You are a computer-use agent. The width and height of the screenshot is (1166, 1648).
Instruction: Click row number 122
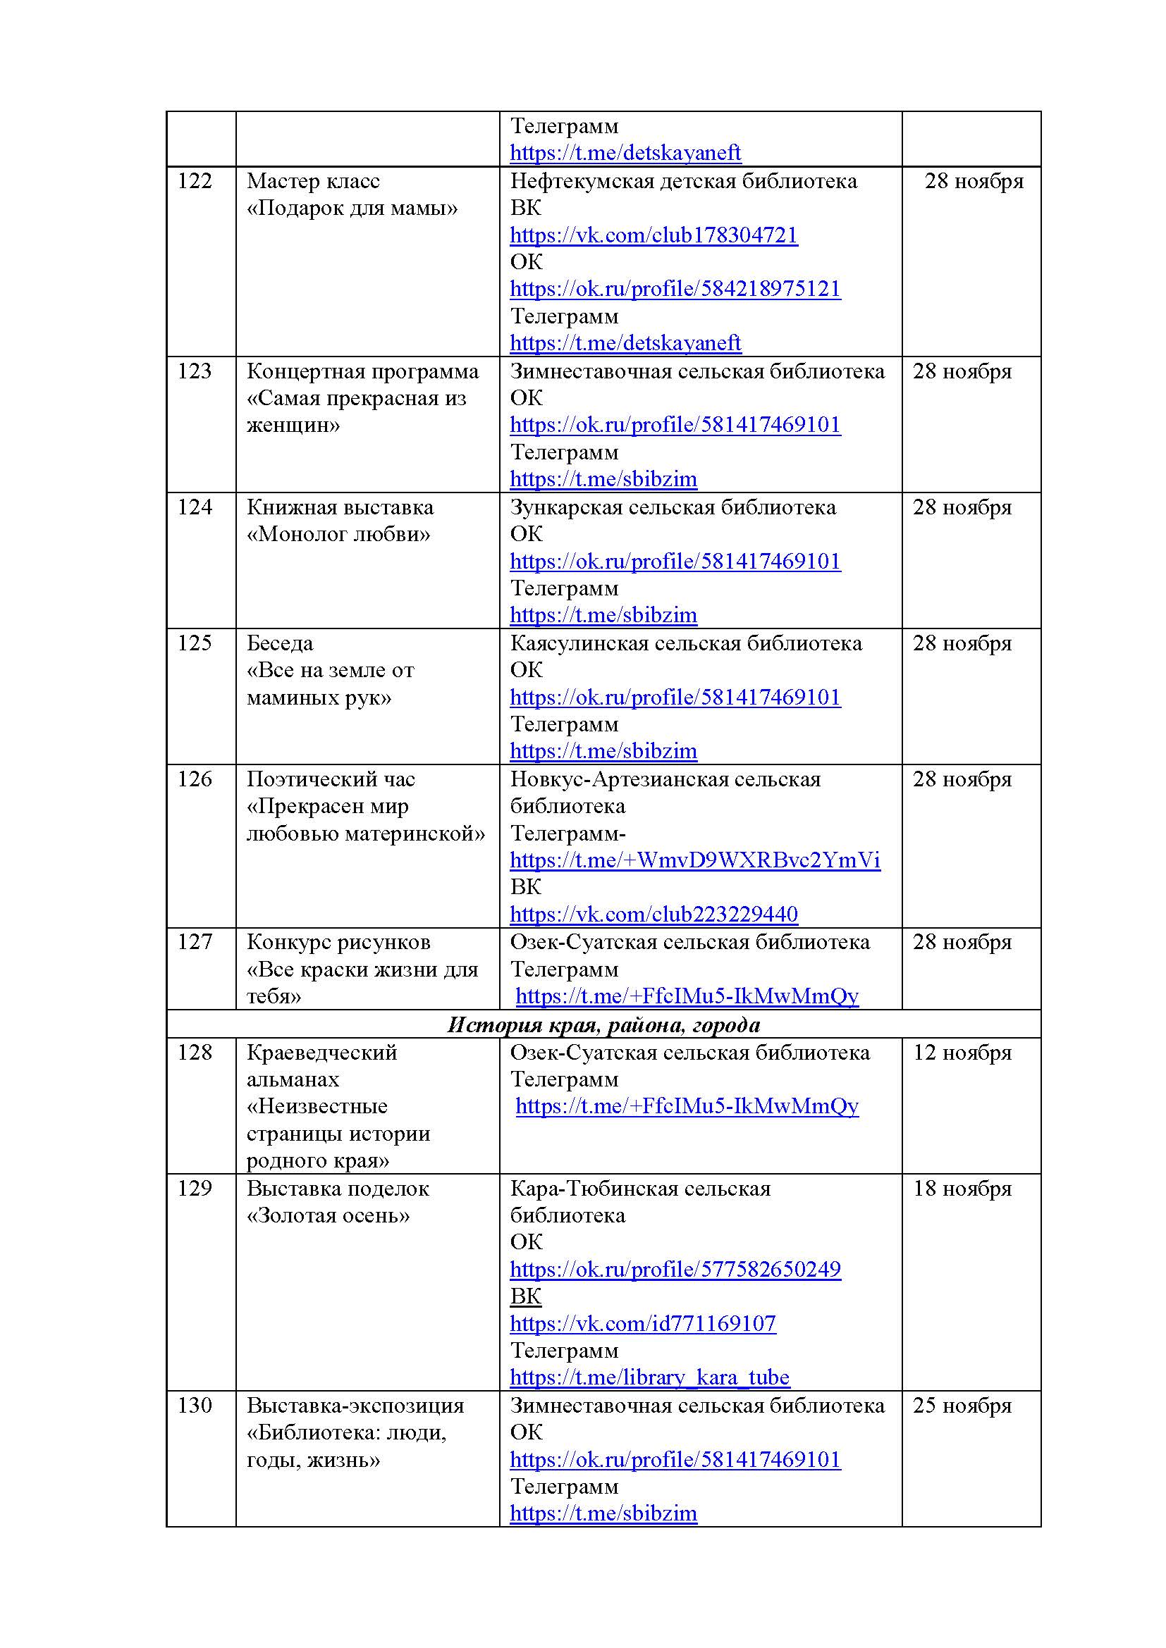195,182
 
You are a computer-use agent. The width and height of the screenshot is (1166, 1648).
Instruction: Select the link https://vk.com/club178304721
653,235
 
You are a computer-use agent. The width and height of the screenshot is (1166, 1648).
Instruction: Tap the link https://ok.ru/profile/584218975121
675,290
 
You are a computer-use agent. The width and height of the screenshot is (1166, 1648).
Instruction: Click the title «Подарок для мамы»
352,209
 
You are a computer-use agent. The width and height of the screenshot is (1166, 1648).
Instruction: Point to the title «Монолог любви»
338,535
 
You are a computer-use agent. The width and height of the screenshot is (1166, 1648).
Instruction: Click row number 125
195,644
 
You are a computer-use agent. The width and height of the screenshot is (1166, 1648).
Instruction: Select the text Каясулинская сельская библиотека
686,644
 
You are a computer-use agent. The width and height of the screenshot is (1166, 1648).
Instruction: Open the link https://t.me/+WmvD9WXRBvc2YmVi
694,860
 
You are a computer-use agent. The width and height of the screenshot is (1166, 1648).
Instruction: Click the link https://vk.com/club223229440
653,915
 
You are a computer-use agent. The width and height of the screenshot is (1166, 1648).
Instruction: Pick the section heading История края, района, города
603,1024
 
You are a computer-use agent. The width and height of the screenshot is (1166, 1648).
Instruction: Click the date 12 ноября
962,1053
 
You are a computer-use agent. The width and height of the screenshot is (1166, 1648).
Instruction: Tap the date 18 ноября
962,1189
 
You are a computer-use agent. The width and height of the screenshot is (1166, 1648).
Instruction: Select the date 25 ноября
962,1406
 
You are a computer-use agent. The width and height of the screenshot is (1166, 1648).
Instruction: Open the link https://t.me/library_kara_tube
649,1377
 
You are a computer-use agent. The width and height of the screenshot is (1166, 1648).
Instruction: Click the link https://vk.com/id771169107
643,1324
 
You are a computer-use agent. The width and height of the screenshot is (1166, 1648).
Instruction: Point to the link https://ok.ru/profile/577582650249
675,1270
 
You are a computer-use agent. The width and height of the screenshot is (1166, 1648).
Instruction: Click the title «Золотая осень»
328,1216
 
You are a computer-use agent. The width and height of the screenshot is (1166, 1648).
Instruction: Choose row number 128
195,1053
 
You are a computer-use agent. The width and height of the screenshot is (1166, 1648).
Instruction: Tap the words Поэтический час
331,779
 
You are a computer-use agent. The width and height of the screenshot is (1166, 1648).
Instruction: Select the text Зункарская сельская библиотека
673,508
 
